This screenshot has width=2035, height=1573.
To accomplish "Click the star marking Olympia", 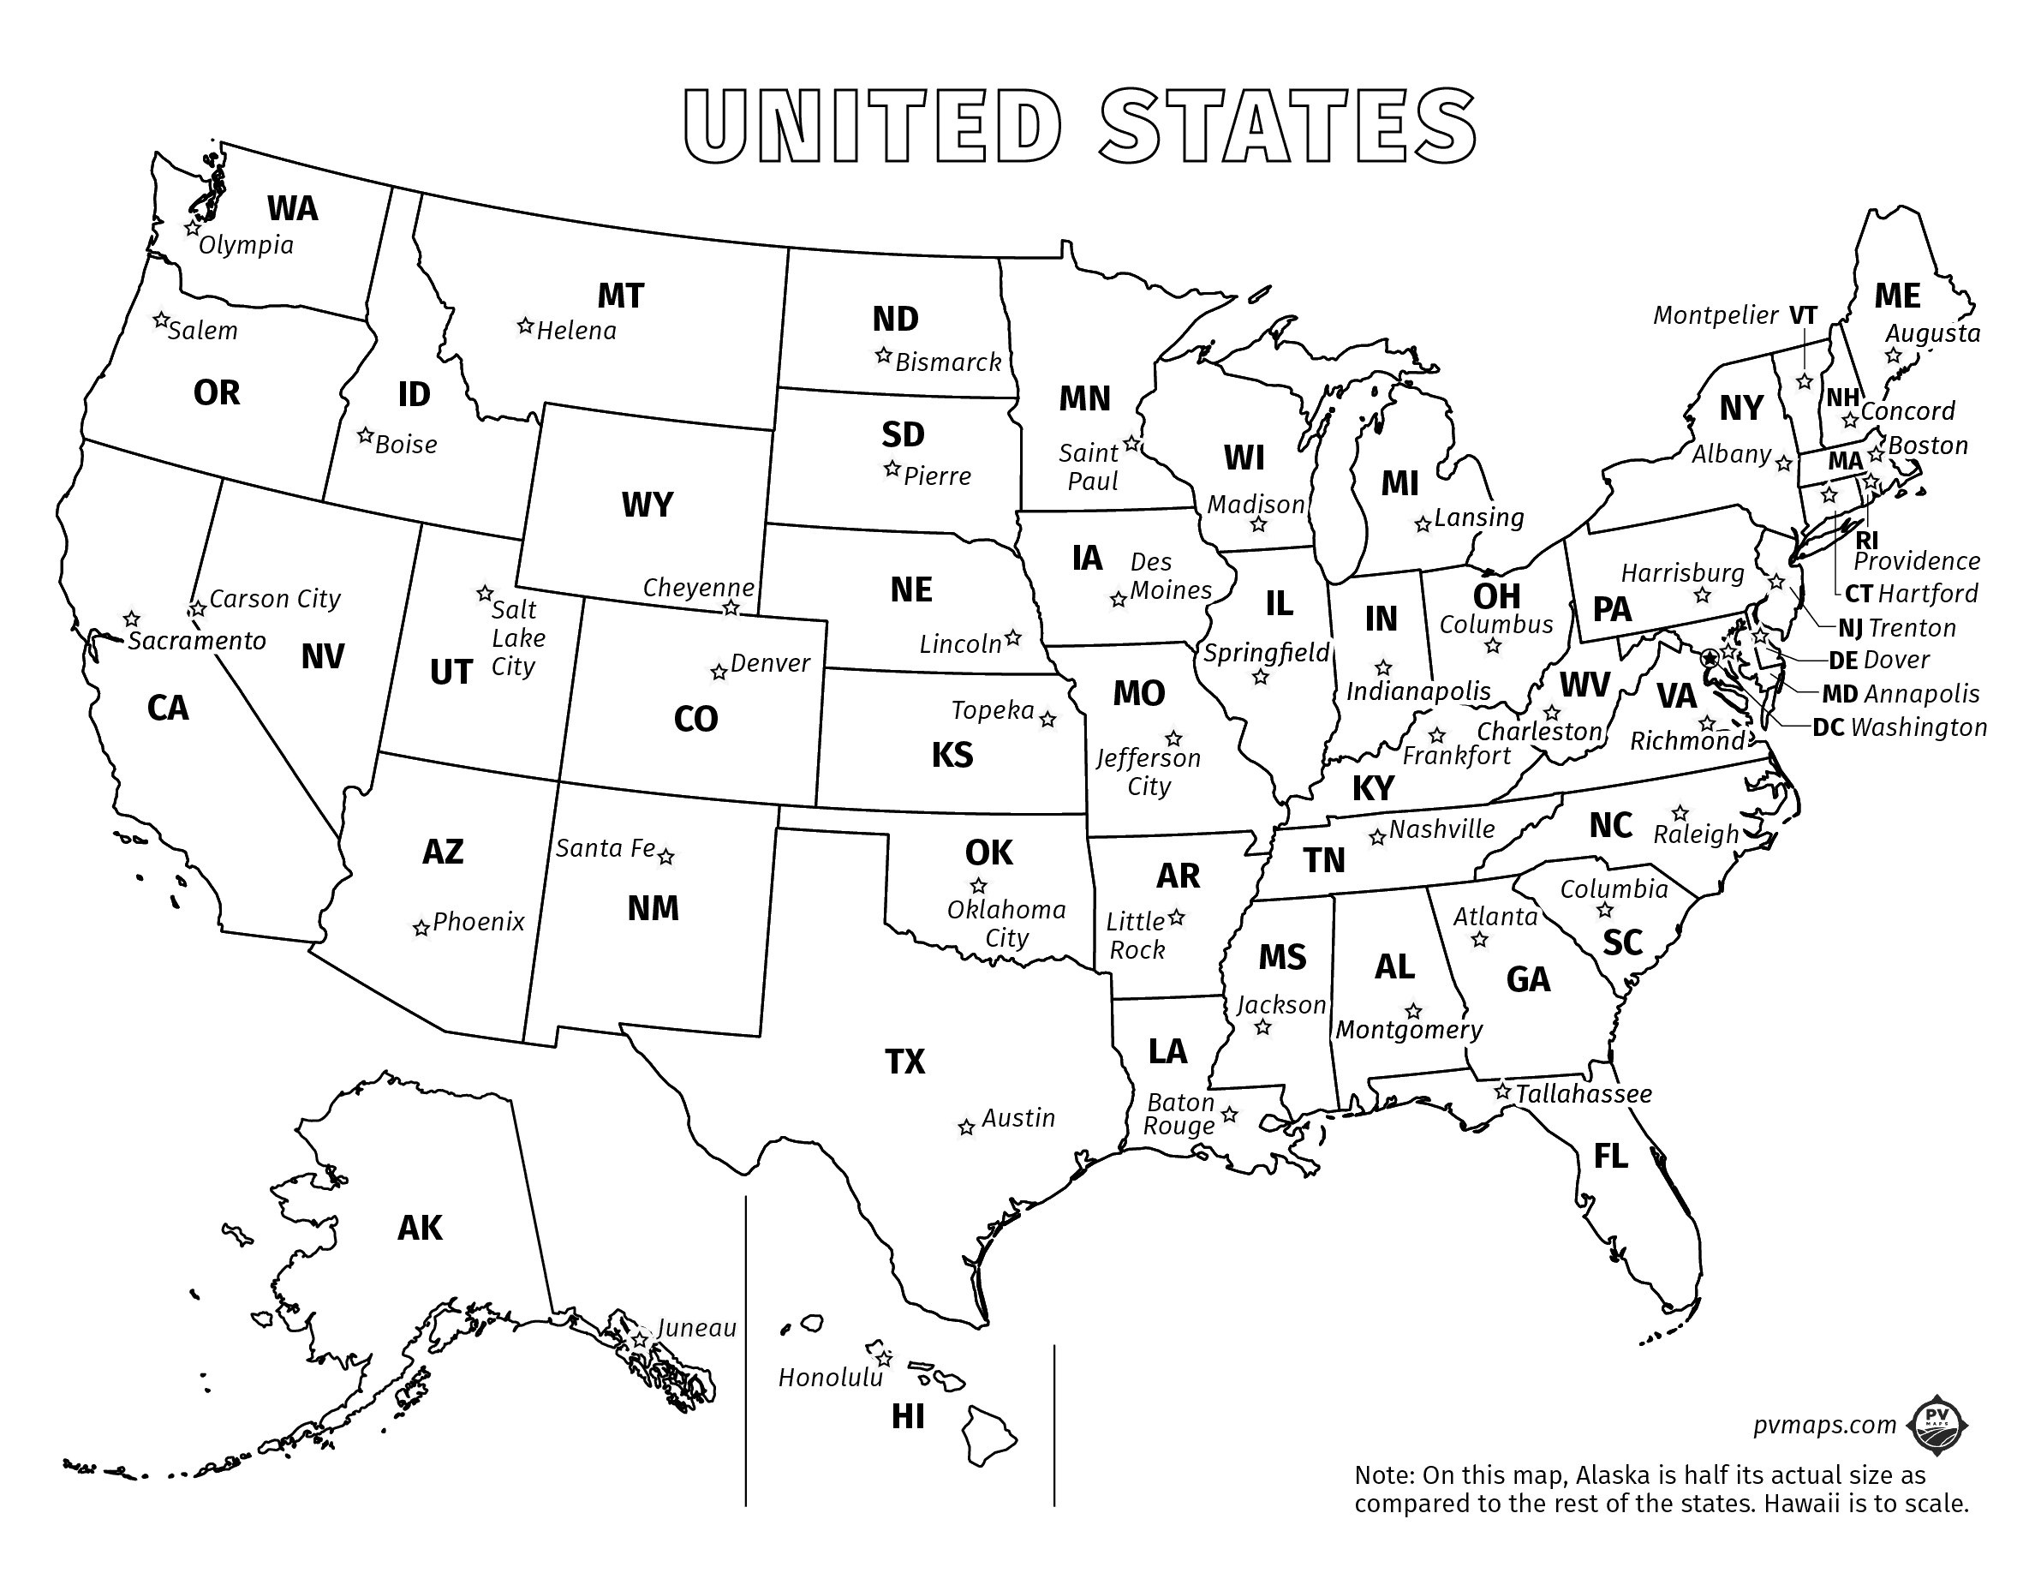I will click(x=193, y=227).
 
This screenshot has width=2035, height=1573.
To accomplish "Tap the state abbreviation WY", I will click(x=647, y=505).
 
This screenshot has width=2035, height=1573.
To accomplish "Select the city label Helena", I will click(x=576, y=331).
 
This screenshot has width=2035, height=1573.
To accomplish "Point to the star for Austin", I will click(x=966, y=1127).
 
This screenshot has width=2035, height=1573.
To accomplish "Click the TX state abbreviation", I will click(x=904, y=1062).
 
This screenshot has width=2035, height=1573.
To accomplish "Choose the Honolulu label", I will click(x=830, y=1378).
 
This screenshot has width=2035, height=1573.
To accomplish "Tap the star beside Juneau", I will click(x=640, y=1339).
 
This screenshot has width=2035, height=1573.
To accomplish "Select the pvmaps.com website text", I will click(x=1824, y=1425).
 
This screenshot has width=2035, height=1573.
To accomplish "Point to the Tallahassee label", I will click(x=1583, y=1094).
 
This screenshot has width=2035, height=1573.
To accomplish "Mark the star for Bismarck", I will click(x=882, y=356).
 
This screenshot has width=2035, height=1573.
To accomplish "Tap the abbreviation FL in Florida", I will click(x=1610, y=1157).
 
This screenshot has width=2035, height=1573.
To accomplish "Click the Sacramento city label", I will click(x=197, y=641).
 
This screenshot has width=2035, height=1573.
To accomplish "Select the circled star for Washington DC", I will click(x=1710, y=658).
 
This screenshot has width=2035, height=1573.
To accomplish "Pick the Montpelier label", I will click(x=1716, y=316).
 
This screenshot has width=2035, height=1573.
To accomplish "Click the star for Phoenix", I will click(x=421, y=928).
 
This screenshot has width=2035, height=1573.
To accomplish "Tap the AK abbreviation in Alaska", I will click(x=420, y=1229).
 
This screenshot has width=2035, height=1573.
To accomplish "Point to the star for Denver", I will click(x=719, y=672).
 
